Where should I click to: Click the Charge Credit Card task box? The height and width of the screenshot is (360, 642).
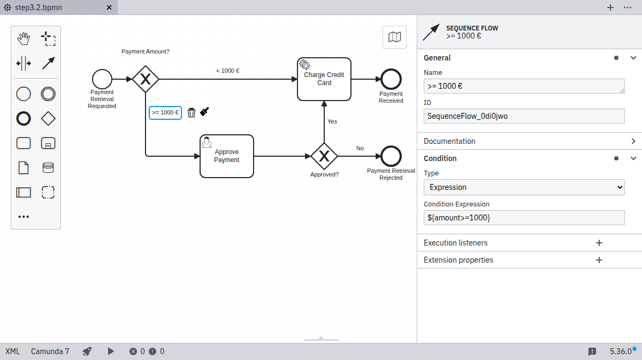(x=324, y=79)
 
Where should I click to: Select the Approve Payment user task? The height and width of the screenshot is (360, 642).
(x=226, y=156)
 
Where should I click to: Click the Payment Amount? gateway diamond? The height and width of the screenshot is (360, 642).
(x=146, y=79)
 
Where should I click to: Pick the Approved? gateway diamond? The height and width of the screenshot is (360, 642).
(x=324, y=156)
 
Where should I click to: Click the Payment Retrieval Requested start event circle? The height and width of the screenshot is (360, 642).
(x=102, y=79)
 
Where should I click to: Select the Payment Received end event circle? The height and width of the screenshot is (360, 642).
(x=391, y=79)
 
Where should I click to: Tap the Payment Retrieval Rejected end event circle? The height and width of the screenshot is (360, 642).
(x=391, y=156)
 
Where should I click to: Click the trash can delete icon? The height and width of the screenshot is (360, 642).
(x=192, y=112)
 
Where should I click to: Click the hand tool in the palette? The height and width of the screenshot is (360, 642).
(x=24, y=39)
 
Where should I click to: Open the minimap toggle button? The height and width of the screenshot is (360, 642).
(x=394, y=37)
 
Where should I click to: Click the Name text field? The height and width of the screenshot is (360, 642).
(x=524, y=86)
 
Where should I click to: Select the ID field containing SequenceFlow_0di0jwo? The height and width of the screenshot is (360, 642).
(x=524, y=116)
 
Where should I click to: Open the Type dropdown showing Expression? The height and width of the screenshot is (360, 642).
(x=524, y=187)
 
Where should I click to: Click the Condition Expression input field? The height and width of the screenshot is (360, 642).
(x=524, y=218)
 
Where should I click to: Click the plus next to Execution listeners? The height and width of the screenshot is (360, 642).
(x=599, y=243)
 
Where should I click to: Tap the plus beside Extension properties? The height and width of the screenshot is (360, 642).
(x=599, y=260)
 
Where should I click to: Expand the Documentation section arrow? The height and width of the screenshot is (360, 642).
(x=633, y=141)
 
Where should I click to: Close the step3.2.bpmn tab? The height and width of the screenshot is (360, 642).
(x=109, y=7)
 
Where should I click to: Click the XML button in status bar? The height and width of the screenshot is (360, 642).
(x=12, y=351)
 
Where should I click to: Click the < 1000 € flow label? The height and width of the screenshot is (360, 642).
(x=227, y=71)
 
